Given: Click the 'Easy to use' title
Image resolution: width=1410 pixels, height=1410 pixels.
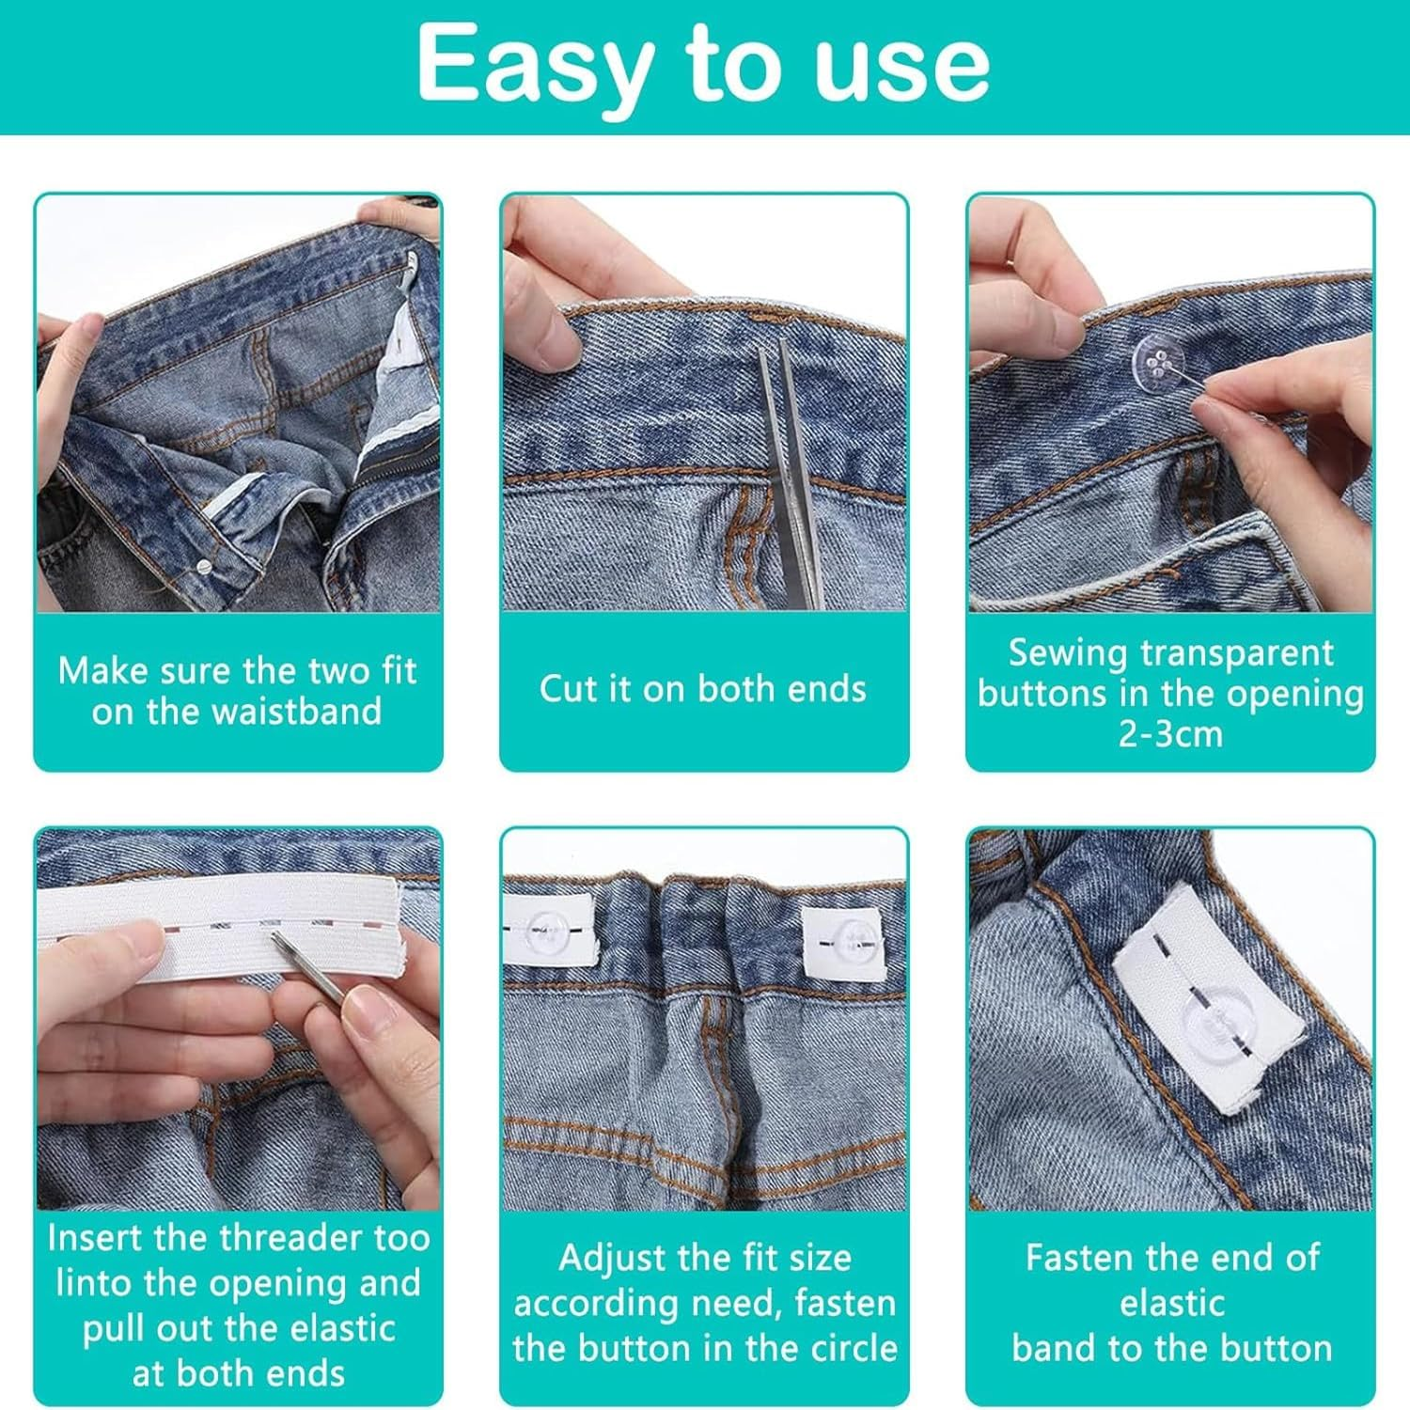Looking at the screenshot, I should tap(703, 64).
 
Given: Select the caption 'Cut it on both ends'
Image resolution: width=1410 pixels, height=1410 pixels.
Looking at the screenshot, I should tap(703, 689).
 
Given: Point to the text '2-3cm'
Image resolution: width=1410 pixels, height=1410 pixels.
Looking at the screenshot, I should tap(1170, 733).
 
